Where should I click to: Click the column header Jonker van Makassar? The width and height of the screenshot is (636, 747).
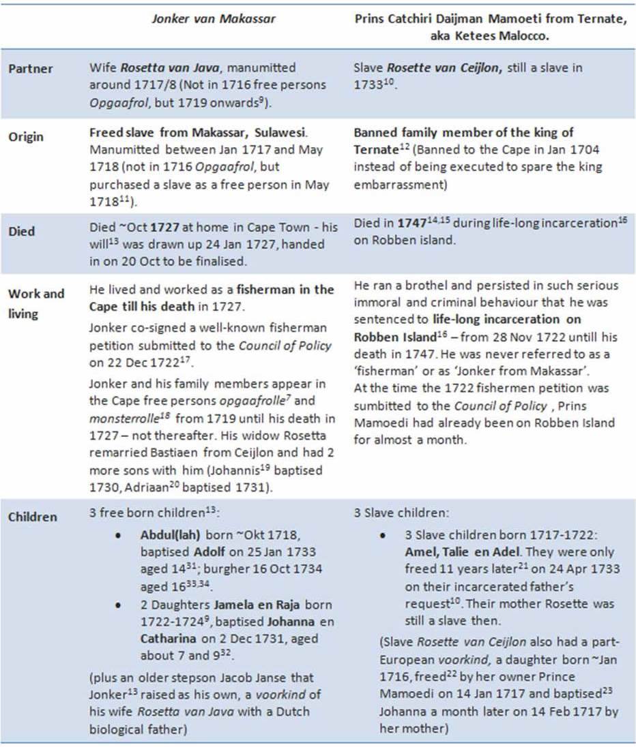coord(213,19)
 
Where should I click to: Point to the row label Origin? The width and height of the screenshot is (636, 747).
coord(26,137)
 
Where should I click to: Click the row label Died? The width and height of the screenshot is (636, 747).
coord(23,231)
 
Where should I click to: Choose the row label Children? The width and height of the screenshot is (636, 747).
coord(32,517)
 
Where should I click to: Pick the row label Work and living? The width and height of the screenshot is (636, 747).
coord(35,302)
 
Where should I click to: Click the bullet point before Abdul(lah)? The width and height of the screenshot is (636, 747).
coord(119,535)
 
